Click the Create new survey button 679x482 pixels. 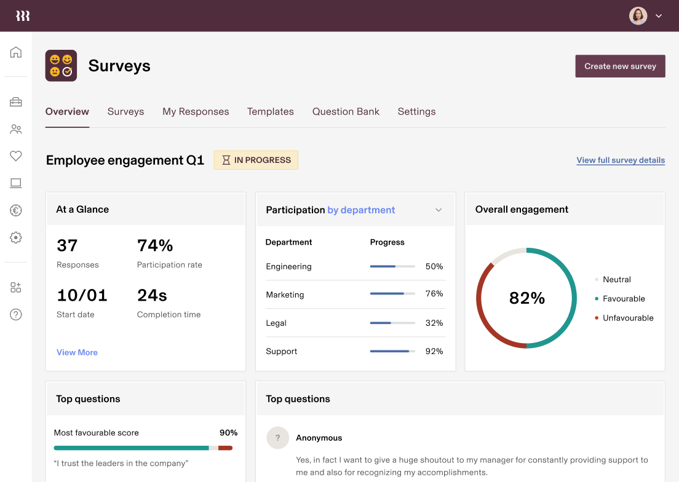(620, 66)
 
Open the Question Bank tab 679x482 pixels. (346, 111)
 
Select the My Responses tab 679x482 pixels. (196, 111)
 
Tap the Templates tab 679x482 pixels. (271, 111)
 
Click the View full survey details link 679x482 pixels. (621, 160)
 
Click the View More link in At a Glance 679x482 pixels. (77, 352)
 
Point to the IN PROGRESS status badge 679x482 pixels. (256, 160)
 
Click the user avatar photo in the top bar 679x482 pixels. (638, 16)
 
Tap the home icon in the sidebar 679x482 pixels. (16, 52)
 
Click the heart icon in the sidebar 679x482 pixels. (16, 156)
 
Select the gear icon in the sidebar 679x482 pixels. (16, 237)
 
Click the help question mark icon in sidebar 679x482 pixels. (16, 314)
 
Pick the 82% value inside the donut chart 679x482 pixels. (527, 298)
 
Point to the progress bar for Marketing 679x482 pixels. (392, 294)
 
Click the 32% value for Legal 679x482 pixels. (434, 323)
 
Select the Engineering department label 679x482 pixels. (288, 266)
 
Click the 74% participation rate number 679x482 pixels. (155, 245)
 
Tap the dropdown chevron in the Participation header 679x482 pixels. (439, 210)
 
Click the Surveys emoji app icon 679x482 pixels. (61, 66)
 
